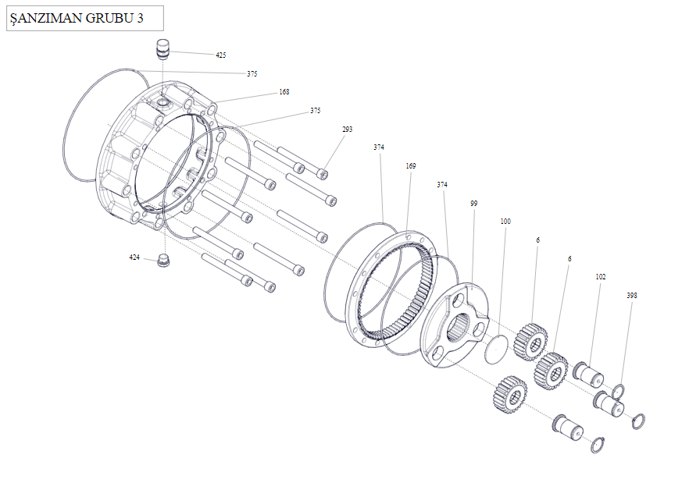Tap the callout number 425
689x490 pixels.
tap(221, 55)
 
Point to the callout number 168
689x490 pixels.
tap(284, 92)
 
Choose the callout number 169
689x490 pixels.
tap(411, 166)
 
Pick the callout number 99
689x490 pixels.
tap(473, 203)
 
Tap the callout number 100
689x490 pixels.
tap(505, 222)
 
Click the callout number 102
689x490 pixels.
tap(601, 277)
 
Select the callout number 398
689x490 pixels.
tap(632, 296)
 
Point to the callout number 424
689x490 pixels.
tap(134, 257)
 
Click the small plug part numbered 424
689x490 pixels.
tap(164, 261)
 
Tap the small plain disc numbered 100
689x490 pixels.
tap(496, 349)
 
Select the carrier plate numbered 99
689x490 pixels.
tap(454, 328)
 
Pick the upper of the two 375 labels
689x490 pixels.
tap(252, 74)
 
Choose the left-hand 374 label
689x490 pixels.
tap(379, 147)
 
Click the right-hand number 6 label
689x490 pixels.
tap(569, 258)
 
